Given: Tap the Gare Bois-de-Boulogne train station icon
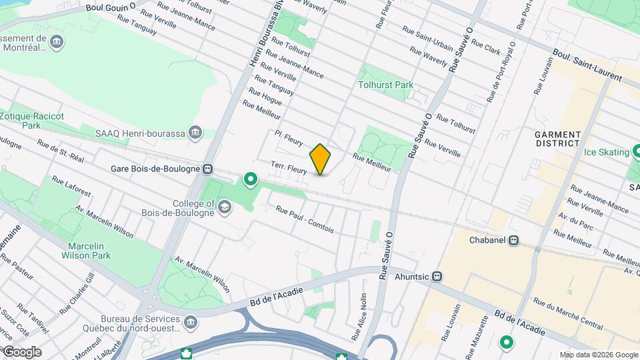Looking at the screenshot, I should coord(209,169).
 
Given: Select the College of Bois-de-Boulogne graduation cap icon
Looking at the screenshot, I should coord(225,208).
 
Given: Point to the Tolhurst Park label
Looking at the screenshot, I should coord(385,85).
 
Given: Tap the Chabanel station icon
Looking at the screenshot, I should coord(513,240).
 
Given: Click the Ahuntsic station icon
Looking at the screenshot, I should coord(436,276).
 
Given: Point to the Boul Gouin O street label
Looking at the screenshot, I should coord(111,8).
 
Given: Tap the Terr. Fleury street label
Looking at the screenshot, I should coord(289,167).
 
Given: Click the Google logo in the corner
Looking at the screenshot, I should coord(21,352).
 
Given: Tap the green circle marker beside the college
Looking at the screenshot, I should coord(251,179).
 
